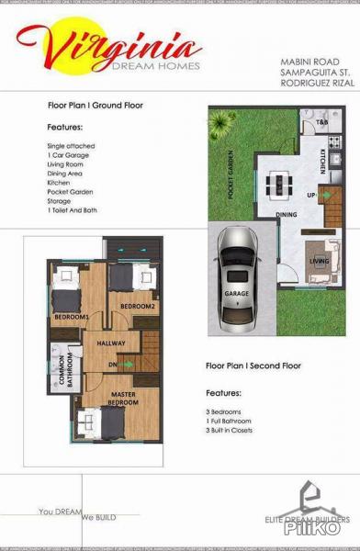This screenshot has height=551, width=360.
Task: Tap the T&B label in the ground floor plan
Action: click(322, 122)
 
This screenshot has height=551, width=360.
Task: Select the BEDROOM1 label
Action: click(70, 317)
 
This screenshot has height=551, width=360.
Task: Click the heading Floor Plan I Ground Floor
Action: click(96, 106)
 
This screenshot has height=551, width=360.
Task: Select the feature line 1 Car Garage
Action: click(66, 157)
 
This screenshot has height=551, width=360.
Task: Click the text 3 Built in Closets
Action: click(242, 430)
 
